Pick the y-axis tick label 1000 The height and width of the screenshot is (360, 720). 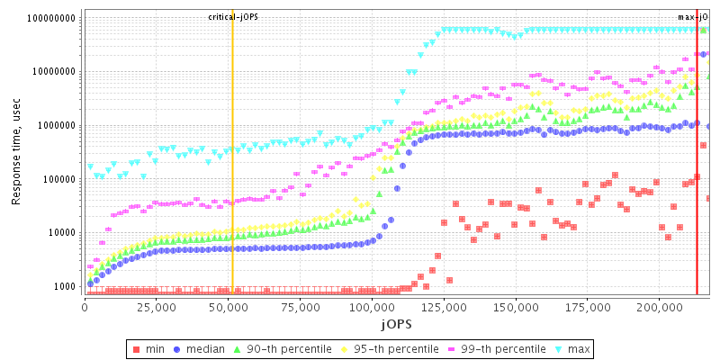coord(63,286)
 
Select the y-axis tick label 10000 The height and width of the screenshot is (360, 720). coord(60,232)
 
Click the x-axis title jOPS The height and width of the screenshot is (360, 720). coord(397,323)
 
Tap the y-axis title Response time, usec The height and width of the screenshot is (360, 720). coord(16,152)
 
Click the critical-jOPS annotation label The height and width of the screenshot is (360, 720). coord(233,17)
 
